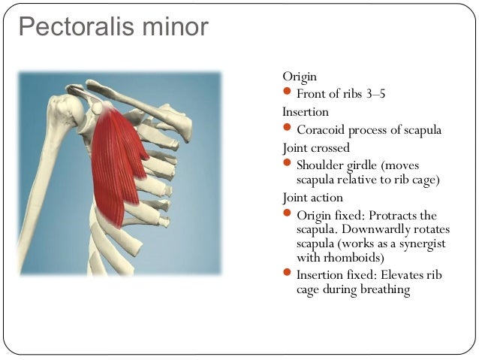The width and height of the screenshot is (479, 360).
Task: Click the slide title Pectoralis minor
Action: (113, 29)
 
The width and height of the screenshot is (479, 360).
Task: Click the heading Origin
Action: (300, 77)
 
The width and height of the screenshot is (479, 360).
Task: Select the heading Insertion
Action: (306, 111)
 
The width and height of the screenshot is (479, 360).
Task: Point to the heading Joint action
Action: (313, 198)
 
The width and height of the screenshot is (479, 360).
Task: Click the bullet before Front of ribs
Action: (288, 93)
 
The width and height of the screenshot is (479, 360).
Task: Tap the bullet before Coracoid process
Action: (288, 129)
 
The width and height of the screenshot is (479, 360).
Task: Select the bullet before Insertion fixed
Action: (288, 274)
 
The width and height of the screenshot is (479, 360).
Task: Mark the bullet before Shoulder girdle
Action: (288, 164)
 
